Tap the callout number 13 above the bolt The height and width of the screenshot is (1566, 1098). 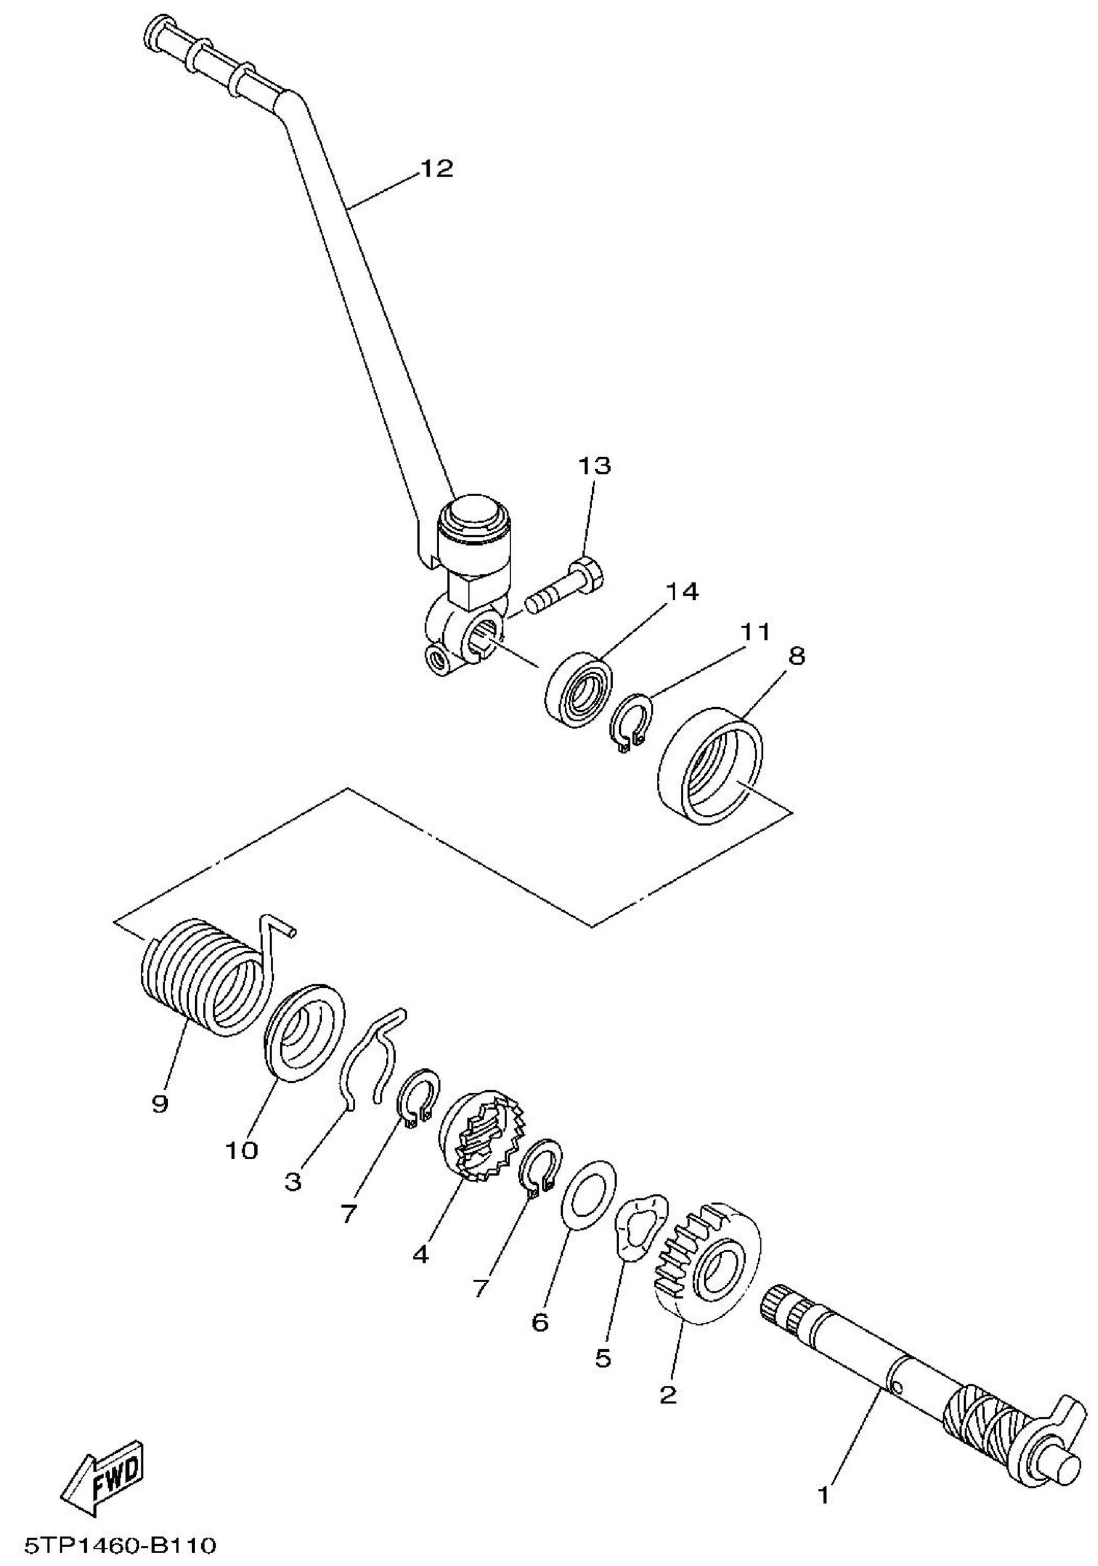click(x=594, y=466)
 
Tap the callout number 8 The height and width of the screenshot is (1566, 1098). click(x=796, y=656)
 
